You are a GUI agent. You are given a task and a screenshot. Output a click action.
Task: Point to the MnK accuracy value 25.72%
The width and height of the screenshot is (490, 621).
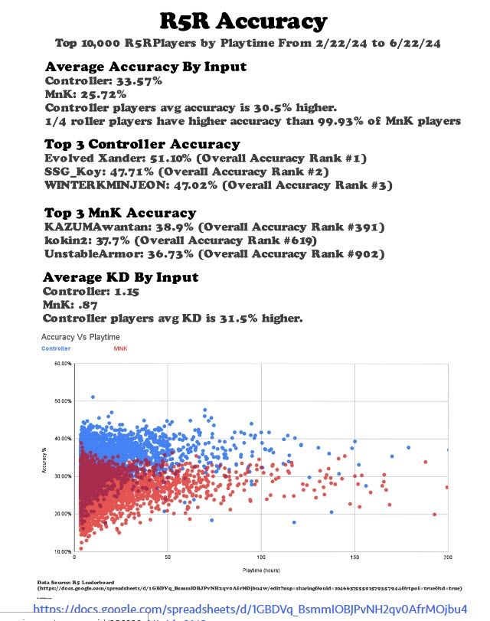pos(102,94)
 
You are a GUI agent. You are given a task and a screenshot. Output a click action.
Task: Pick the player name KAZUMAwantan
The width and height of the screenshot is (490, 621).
pos(96,227)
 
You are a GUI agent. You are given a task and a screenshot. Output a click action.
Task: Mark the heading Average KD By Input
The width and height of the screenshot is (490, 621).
pos(120,277)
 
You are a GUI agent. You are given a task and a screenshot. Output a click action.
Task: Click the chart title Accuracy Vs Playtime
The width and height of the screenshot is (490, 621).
pos(80,337)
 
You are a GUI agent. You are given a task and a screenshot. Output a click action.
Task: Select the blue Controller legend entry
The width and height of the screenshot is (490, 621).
pos(56,348)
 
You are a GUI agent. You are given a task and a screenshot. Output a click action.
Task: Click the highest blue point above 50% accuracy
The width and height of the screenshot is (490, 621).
pos(93,397)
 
